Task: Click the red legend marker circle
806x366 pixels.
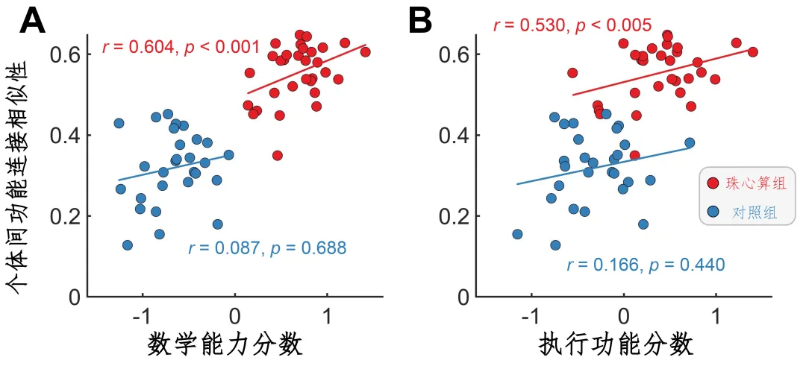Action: click(713, 182)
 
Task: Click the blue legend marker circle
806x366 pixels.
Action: click(713, 212)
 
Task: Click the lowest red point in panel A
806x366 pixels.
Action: click(277, 155)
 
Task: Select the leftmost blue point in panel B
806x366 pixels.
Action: click(517, 234)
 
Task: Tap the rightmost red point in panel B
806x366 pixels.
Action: click(752, 51)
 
